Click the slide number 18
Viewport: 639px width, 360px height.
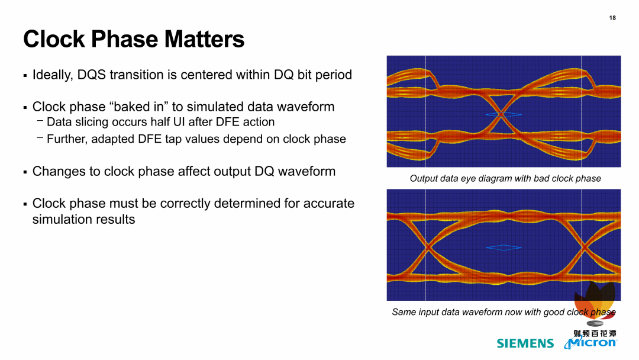point(612,18)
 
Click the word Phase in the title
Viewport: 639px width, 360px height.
point(124,39)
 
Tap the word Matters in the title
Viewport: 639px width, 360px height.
point(204,39)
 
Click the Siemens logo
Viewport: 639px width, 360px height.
point(525,343)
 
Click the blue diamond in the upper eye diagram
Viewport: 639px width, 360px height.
point(504,114)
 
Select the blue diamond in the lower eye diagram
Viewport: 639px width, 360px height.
point(504,247)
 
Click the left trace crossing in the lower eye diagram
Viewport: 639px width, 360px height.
point(428,247)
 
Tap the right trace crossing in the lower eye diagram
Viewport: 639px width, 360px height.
point(585,247)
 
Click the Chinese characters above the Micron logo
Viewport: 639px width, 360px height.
point(595,333)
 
